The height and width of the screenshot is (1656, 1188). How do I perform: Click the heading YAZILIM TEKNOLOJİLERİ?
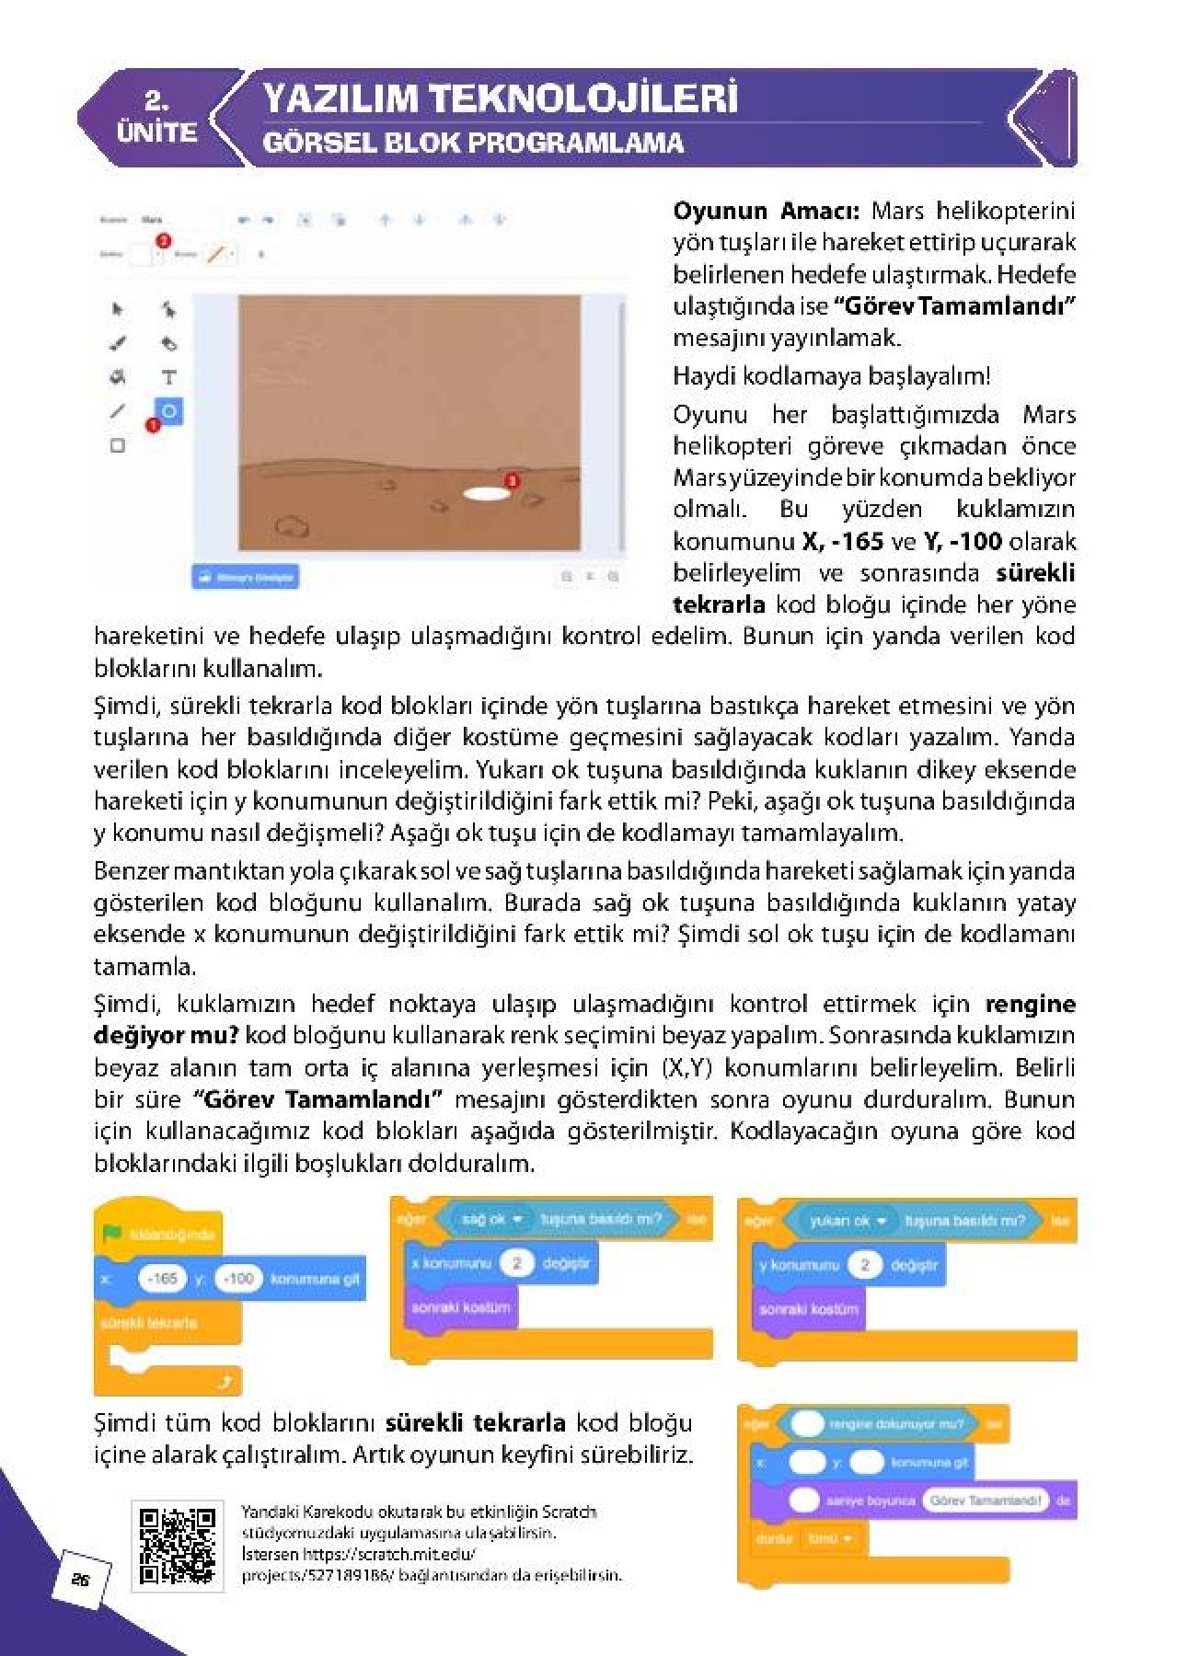click(x=500, y=98)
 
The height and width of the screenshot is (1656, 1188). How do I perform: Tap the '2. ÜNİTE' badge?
click(x=156, y=118)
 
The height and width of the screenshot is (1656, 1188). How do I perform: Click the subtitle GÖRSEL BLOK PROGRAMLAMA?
click(x=473, y=143)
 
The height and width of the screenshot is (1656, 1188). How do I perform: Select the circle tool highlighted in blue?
click(x=169, y=411)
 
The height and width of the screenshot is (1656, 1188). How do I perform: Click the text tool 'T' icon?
click(x=168, y=377)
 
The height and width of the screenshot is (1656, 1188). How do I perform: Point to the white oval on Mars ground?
click(x=485, y=494)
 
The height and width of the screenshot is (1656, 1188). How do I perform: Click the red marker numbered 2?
click(x=164, y=241)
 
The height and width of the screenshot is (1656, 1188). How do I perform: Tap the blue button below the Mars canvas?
click(x=246, y=577)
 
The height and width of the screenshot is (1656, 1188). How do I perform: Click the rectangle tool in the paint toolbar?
click(x=118, y=445)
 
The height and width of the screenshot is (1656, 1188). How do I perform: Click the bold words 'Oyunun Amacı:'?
click(x=766, y=211)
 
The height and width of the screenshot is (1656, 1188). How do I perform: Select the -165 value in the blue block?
click(x=162, y=1278)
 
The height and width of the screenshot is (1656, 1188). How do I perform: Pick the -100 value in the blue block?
click(x=238, y=1278)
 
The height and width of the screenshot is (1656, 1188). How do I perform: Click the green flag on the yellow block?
click(x=112, y=1233)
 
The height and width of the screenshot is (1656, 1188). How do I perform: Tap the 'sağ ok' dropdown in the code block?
click(x=490, y=1219)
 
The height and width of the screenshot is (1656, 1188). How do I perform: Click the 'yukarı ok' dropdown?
click(x=846, y=1221)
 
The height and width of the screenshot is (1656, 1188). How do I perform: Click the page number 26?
click(x=80, y=1580)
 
